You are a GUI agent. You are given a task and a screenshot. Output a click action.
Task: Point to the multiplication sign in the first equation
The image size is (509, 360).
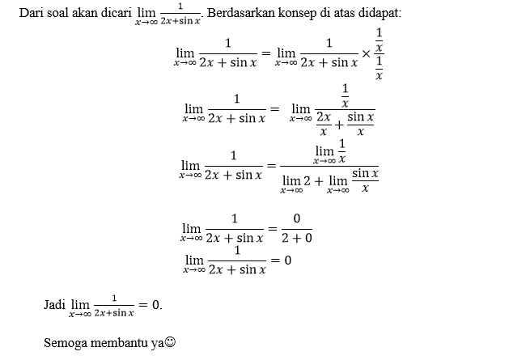(366, 53)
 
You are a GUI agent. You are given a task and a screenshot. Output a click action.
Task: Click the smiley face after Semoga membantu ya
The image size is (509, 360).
(170, 342)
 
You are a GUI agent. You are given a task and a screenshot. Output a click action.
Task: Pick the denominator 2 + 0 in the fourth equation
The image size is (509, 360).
(297, 239)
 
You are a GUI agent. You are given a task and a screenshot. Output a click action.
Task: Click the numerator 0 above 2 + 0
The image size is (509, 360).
(297, 218)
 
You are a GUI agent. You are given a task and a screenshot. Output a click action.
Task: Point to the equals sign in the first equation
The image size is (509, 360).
(266, 53)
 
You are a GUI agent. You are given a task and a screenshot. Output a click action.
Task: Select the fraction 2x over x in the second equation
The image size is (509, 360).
(324, 124)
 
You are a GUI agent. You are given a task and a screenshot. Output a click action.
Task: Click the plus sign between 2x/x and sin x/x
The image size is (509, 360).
(339, 125)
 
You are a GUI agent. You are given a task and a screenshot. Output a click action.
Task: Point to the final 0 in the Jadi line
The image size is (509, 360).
(155, 305)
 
